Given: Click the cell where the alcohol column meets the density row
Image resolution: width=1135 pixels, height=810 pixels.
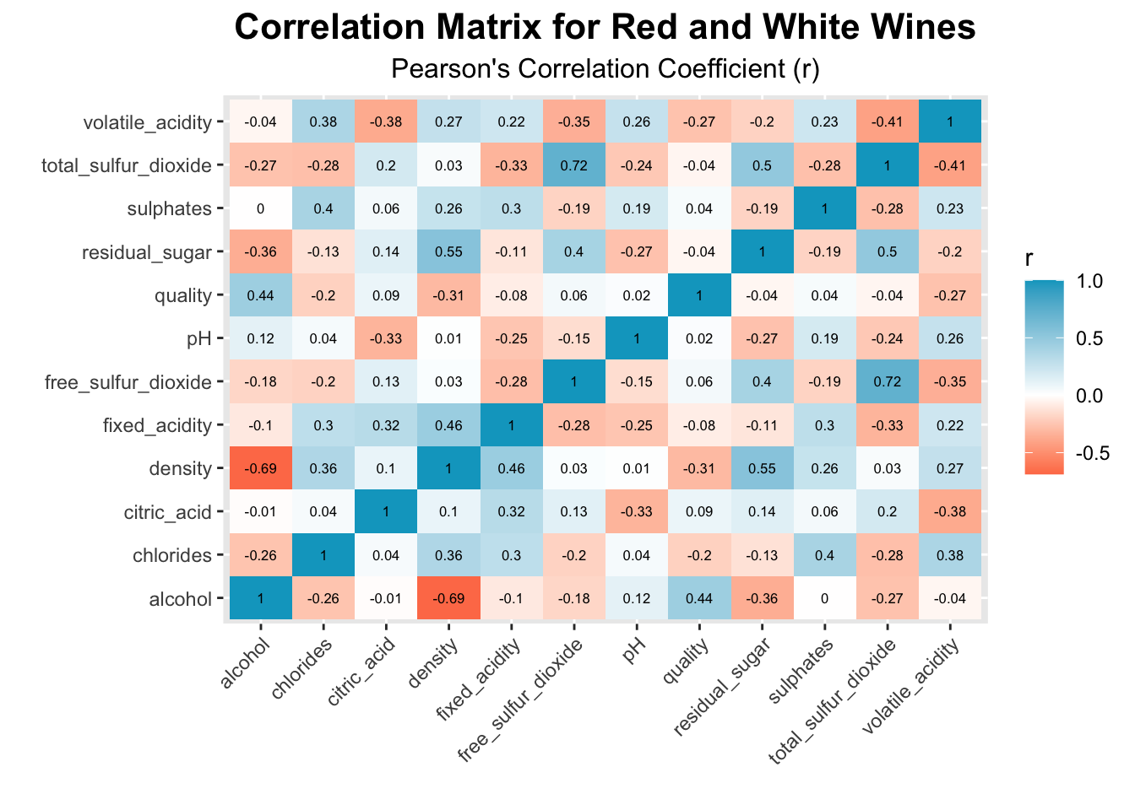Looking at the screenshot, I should [260, 468].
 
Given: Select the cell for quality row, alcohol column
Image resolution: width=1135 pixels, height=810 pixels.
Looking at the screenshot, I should [260, 295].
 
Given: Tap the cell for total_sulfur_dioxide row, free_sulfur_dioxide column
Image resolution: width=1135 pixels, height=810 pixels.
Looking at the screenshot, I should [573, 165].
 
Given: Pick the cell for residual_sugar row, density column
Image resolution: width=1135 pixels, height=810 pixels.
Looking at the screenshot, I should [448, 251].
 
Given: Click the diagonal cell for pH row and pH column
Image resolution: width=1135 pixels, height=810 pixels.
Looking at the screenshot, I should [637, 338].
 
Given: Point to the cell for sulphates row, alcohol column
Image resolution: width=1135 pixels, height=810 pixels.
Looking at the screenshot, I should [260, 208].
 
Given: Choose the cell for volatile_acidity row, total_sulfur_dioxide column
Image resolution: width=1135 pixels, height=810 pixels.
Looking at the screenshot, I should [888, 122].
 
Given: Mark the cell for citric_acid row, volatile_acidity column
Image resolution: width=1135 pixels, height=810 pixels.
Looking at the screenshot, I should [950, 511].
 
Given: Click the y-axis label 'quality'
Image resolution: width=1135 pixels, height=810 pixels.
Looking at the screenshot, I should [183, 295].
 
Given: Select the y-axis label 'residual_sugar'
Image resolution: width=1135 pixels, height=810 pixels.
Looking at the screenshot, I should [146, 252].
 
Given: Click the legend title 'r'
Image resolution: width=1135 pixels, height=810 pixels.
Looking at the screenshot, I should [1029, 260].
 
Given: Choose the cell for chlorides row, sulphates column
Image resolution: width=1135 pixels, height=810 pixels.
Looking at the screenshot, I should [825, 555].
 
